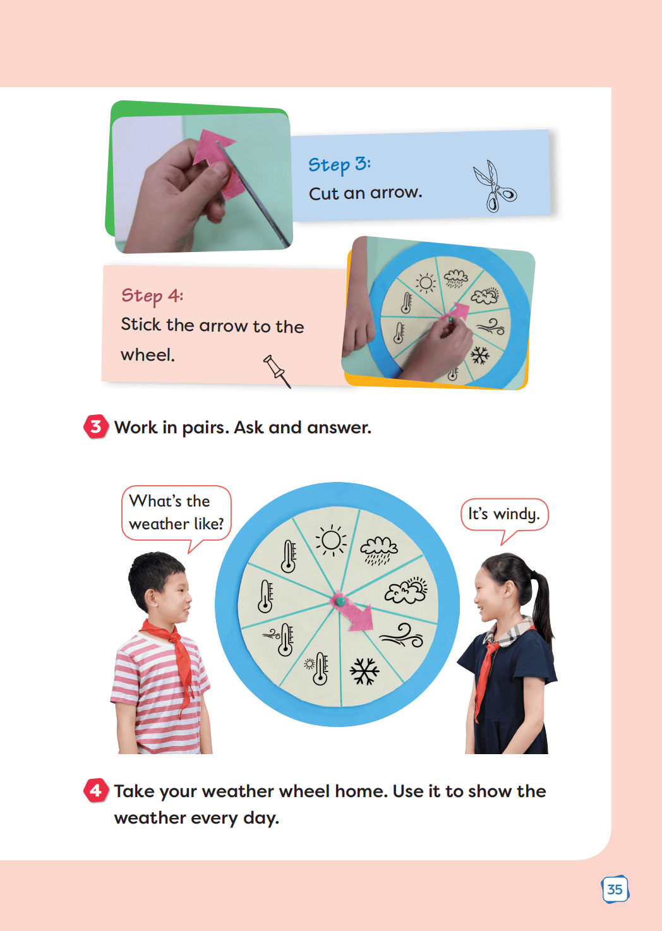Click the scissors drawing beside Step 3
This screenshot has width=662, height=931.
pyautogui.click(x=494, y=186)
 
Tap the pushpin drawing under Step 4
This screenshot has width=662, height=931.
pyautogui.click(x=276, y=371)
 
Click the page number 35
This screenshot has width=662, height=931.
pyautogui.click(x=615, y=889)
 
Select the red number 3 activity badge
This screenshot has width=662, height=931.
pyautogui.click(x=96, y=426)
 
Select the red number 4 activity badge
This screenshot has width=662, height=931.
pyautogui.click(x=96, y=790)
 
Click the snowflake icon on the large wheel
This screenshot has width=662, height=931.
pyautogui.click(x=364, y=671)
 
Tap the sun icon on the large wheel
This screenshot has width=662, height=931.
pyautogui.click(x=331, y=540)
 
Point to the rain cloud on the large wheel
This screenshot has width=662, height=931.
pyautogui.click(x=378, y=550)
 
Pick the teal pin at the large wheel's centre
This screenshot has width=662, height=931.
pyautogui.click(x=340, y=601)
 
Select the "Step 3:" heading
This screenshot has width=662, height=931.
pyautogui.click(x=339, y=165)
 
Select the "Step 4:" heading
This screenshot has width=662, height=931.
pyautogui.click(x=152, y=296)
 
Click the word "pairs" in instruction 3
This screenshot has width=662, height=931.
pyautogui.click(x=205, y=428)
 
